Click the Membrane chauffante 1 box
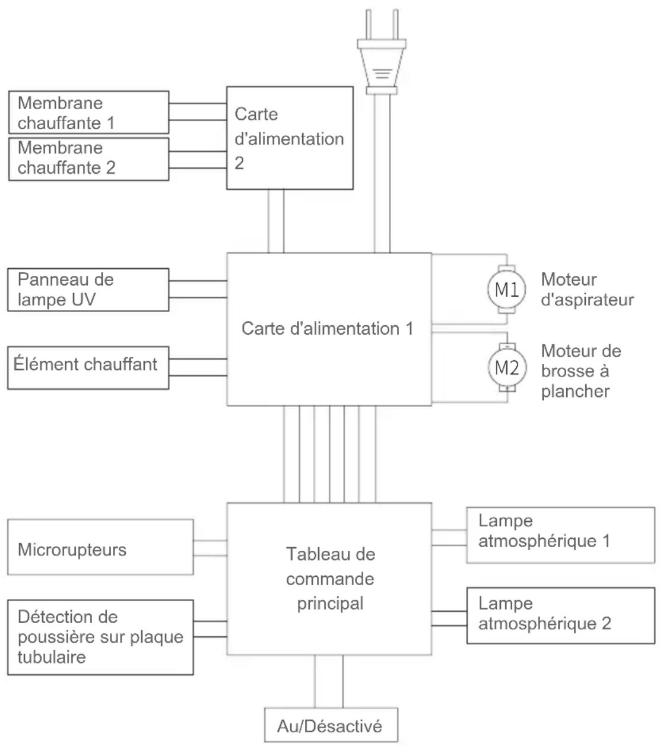89,112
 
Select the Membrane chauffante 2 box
89,159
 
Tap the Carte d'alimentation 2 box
290,138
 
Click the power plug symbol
382,52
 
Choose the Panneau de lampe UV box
88,290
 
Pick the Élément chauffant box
88,368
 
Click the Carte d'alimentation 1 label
328,328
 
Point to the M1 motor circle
507,290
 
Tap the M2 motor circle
507,367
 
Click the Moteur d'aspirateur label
588,290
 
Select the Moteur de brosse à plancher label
581,371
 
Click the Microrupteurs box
100,547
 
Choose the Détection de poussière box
100,637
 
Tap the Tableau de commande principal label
331,579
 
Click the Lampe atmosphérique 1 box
560,535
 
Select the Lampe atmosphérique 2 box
560,615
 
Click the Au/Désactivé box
331,725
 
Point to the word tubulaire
52,657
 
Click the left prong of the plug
369,24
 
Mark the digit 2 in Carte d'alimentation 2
239,163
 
